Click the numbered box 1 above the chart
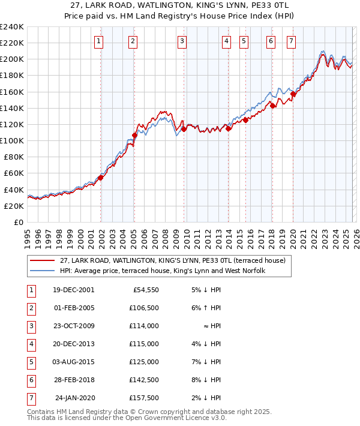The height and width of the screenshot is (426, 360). (x=98, y=41)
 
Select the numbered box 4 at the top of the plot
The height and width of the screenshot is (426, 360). (x=226, y=41)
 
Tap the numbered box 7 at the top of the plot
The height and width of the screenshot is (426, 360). (x=291, y=41)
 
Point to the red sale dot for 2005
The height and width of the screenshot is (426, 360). (x=134, y=135)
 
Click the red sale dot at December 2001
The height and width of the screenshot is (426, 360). (x=101, y=178)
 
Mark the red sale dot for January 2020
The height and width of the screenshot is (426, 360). (x=293, y=94)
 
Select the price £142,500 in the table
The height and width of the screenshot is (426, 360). (x=144, y=380)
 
